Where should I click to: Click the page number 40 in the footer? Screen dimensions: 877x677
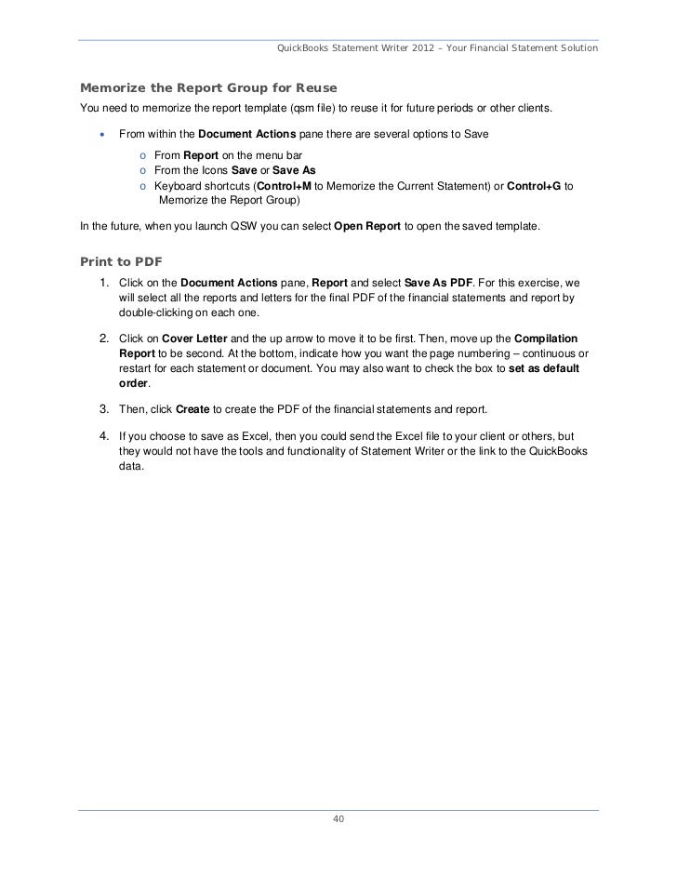[338, 819]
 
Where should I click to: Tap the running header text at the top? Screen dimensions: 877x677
[437, 47]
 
